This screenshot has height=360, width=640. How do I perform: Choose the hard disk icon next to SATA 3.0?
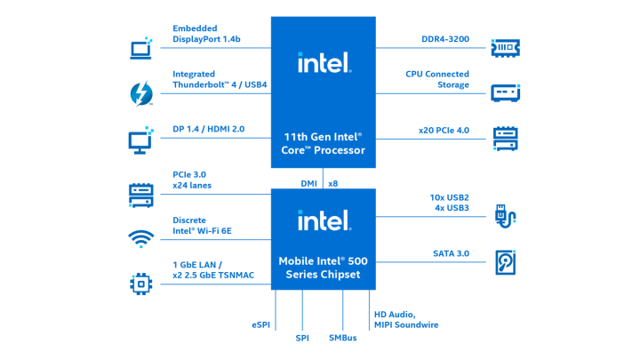[505, 262]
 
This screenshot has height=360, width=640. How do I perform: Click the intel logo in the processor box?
[324, 62]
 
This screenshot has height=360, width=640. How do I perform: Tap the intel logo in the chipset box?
[324, 220]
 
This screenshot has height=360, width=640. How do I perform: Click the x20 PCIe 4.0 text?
[444, 132]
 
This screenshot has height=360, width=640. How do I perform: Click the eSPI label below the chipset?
[260, 325]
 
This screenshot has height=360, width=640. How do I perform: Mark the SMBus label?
[343, 338]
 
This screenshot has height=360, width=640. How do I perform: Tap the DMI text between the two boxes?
[308, 183]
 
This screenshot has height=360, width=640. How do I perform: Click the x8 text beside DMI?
[333, 183]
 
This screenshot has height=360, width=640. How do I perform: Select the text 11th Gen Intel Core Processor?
[324, 143]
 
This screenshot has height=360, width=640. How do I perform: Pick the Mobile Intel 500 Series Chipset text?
[324, 268]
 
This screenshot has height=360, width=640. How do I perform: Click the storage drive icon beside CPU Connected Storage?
[505, 92]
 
